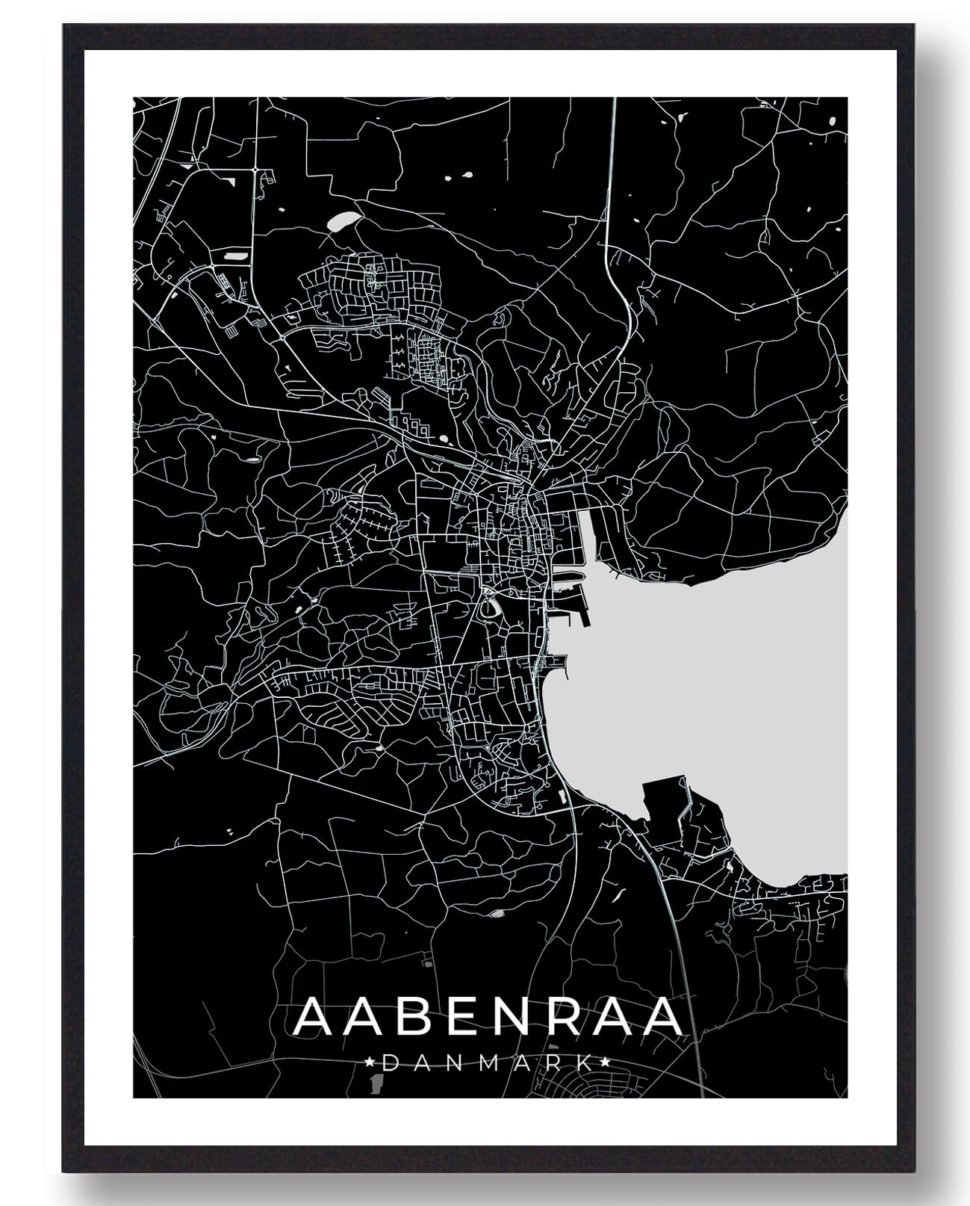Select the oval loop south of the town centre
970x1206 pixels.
coord(489,609)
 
